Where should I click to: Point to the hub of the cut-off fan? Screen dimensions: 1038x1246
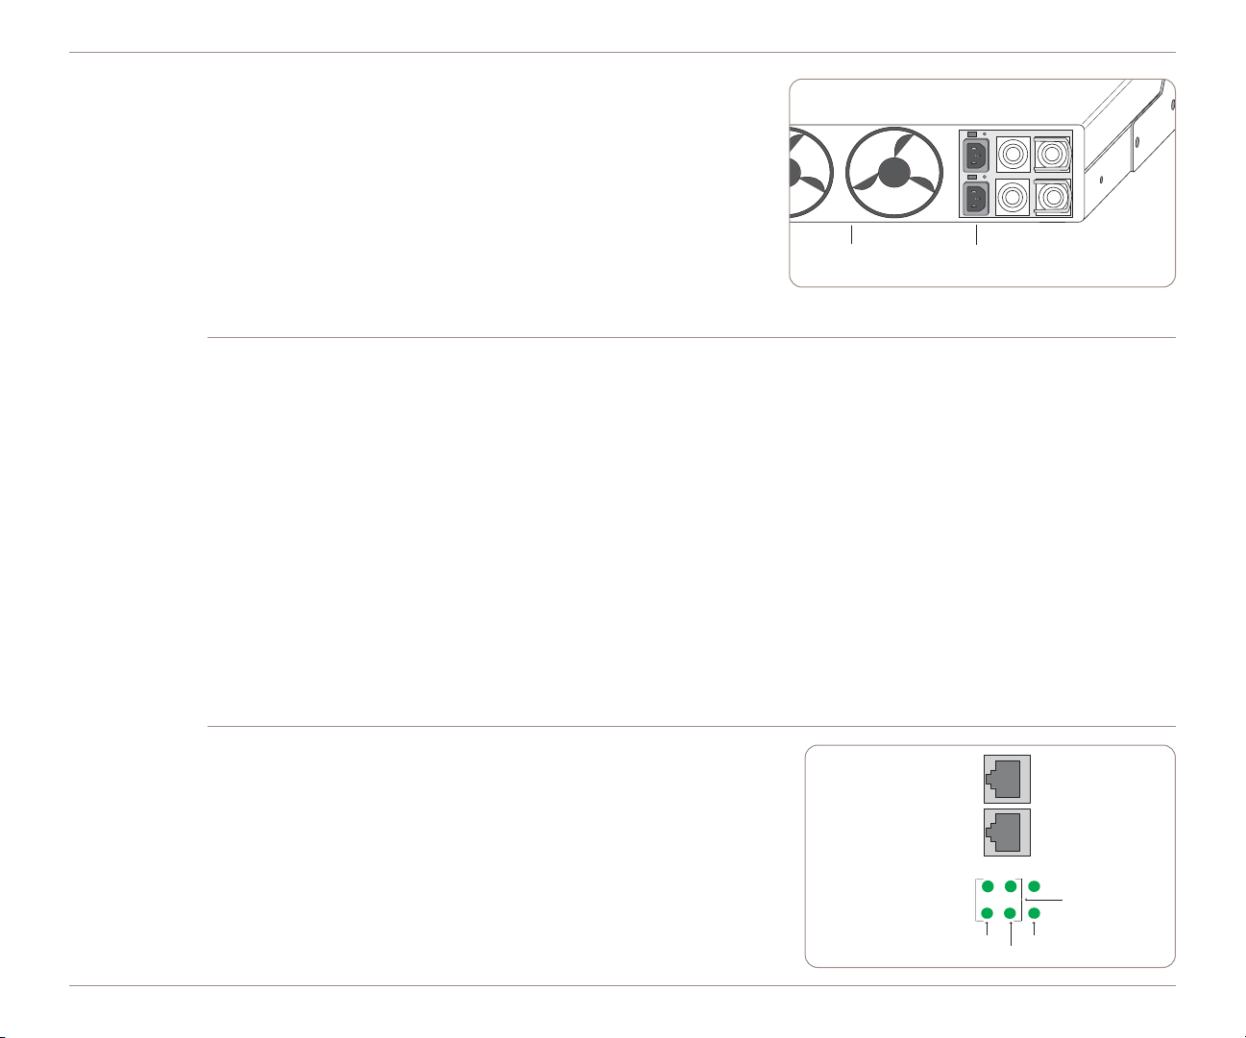(794, 173)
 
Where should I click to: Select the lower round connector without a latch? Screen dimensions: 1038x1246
(1014, 198)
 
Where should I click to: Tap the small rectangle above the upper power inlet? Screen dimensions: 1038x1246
(971, 133)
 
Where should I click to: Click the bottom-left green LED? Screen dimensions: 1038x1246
(988, 913)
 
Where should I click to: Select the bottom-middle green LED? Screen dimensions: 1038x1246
(1011, 913)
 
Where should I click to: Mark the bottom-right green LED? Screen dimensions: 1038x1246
(1034, 913)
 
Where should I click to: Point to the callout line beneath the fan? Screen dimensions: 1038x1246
(851, 235)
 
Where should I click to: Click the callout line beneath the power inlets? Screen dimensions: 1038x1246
(976, 235)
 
